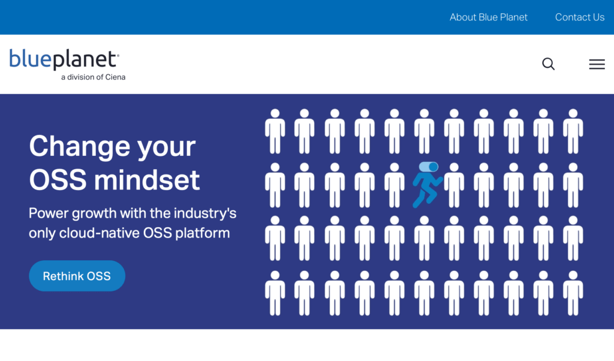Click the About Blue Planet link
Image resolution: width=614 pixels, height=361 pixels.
tap(488, 17)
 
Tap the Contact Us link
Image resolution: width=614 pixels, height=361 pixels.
tap(580, 17)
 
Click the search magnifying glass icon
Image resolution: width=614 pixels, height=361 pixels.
tap(548, 64)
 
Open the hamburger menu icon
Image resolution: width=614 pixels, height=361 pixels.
tap(597, 64)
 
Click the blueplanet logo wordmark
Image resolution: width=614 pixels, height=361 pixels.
tap(64, 59)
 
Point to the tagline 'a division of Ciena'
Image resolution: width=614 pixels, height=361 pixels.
tap(93, 77)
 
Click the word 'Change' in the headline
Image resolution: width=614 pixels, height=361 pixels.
tap(80, 146)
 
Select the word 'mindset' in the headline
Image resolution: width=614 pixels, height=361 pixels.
tap(147, 180)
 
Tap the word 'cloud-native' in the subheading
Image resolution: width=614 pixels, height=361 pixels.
tap(99, 233)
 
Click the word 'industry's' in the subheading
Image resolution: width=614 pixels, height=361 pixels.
tap(205, 213)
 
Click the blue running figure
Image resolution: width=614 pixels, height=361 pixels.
tap(427, 185)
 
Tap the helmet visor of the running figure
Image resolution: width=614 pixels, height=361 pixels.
tap(428, 167)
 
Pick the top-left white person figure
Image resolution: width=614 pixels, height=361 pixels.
tap(275, 131)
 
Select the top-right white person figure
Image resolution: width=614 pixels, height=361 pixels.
tap(573, 131)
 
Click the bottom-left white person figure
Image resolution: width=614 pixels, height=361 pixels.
tap(275, 293)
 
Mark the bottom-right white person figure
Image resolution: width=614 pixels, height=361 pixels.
tap(573, 293)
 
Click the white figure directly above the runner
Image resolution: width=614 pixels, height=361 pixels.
tap(424, 131)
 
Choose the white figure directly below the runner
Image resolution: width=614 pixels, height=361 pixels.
tap(424, 238)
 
